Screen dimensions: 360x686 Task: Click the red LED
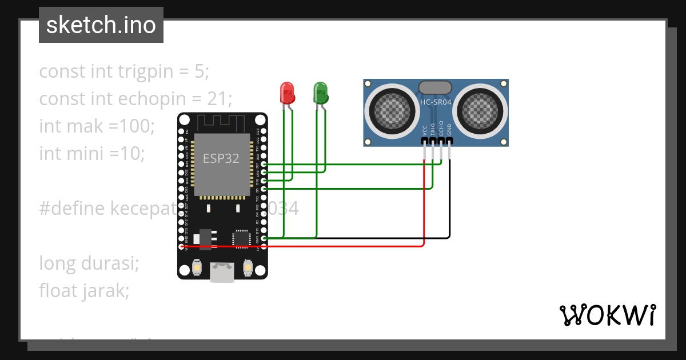tap(287, 93)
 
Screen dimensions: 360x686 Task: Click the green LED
tap(320, 93)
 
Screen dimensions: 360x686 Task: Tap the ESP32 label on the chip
tap(221, 158)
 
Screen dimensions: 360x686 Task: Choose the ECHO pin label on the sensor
tap(441, 129)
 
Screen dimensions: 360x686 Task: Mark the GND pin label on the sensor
tap(449, 129)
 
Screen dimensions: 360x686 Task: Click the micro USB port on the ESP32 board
tap(222, 273)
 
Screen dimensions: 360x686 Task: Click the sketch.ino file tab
tap(101, 25)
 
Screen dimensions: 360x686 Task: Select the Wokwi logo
tap(607, 315)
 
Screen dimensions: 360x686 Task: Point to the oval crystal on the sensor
tap(436, 87)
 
